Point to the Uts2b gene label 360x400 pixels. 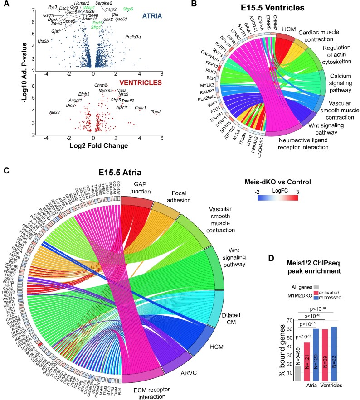pos(44,41)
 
